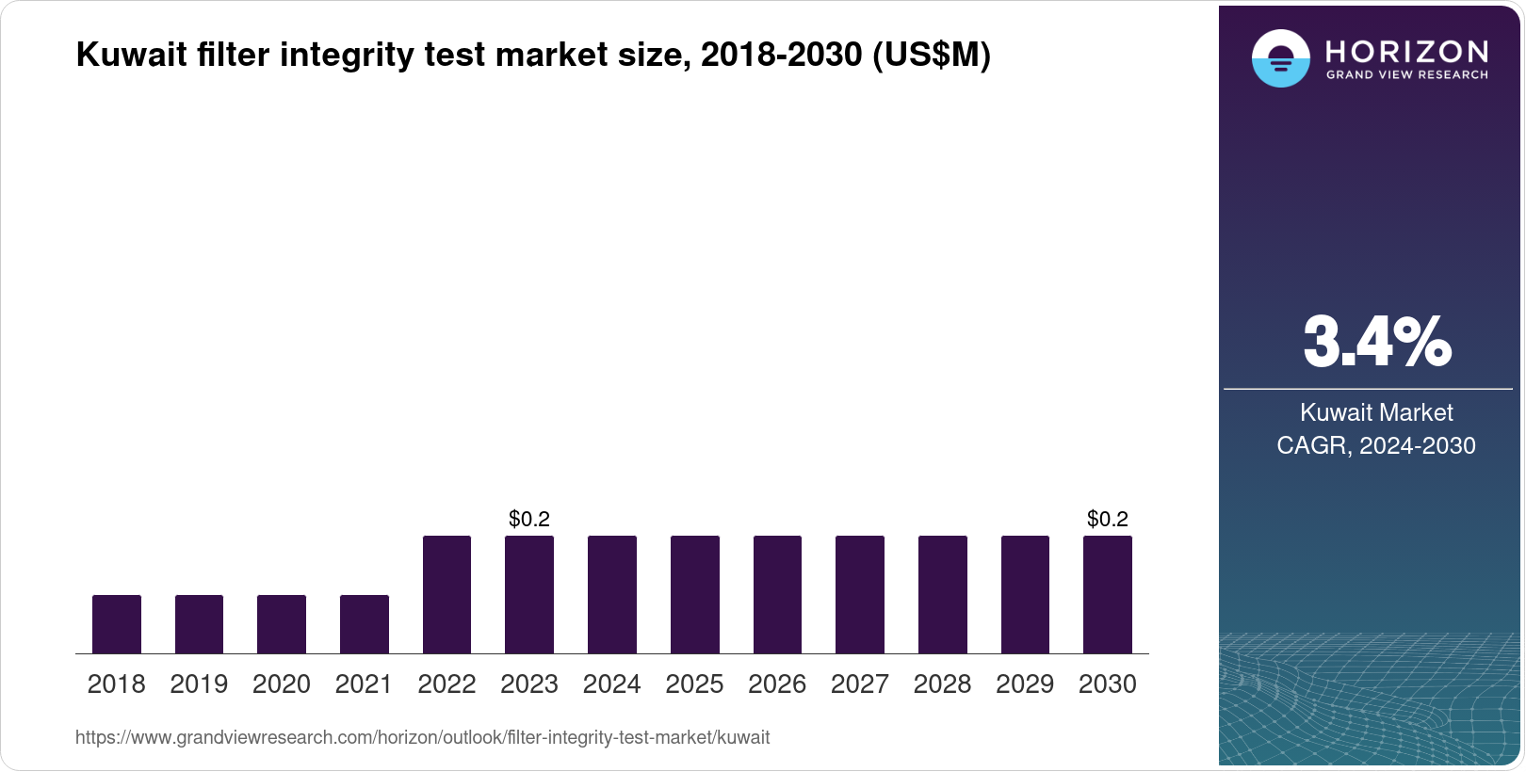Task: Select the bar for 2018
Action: click(x=116, y=624)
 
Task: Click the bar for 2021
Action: click(x=364, y=624)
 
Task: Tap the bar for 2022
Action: click(x=446, y=594)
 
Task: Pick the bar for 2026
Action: click(x=777, y=594)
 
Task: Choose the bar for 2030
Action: click(x=1108, y=594)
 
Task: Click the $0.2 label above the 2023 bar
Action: click(x=528, y=519)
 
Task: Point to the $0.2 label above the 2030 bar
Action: click(x=1107, y=519)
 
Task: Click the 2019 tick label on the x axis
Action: click(x=199, y=684)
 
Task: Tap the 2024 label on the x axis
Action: click(x=611, y=684)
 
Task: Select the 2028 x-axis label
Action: click(x=942, y=684)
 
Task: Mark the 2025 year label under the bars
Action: click(x=694, y=684)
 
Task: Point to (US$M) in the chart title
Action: click(x=932, y=55)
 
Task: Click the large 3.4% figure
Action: click(x=1376, y=342)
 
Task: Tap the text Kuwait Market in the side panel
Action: click(x=1376, y=412)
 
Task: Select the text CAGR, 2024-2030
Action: click(x=1376, y=445)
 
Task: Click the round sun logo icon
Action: click(x=1280, y=58)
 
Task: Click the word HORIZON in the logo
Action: click(x=1406, y=51)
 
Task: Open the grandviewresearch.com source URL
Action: click(x=422, y=738)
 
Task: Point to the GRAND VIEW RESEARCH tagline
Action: click(x=1406, y=75)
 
